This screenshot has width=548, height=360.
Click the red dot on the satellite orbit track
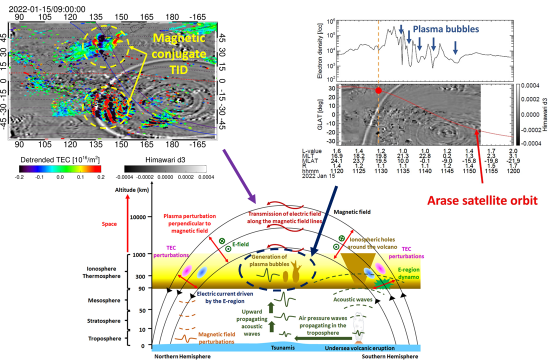coord(378,90)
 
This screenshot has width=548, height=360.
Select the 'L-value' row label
coord(313,150)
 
